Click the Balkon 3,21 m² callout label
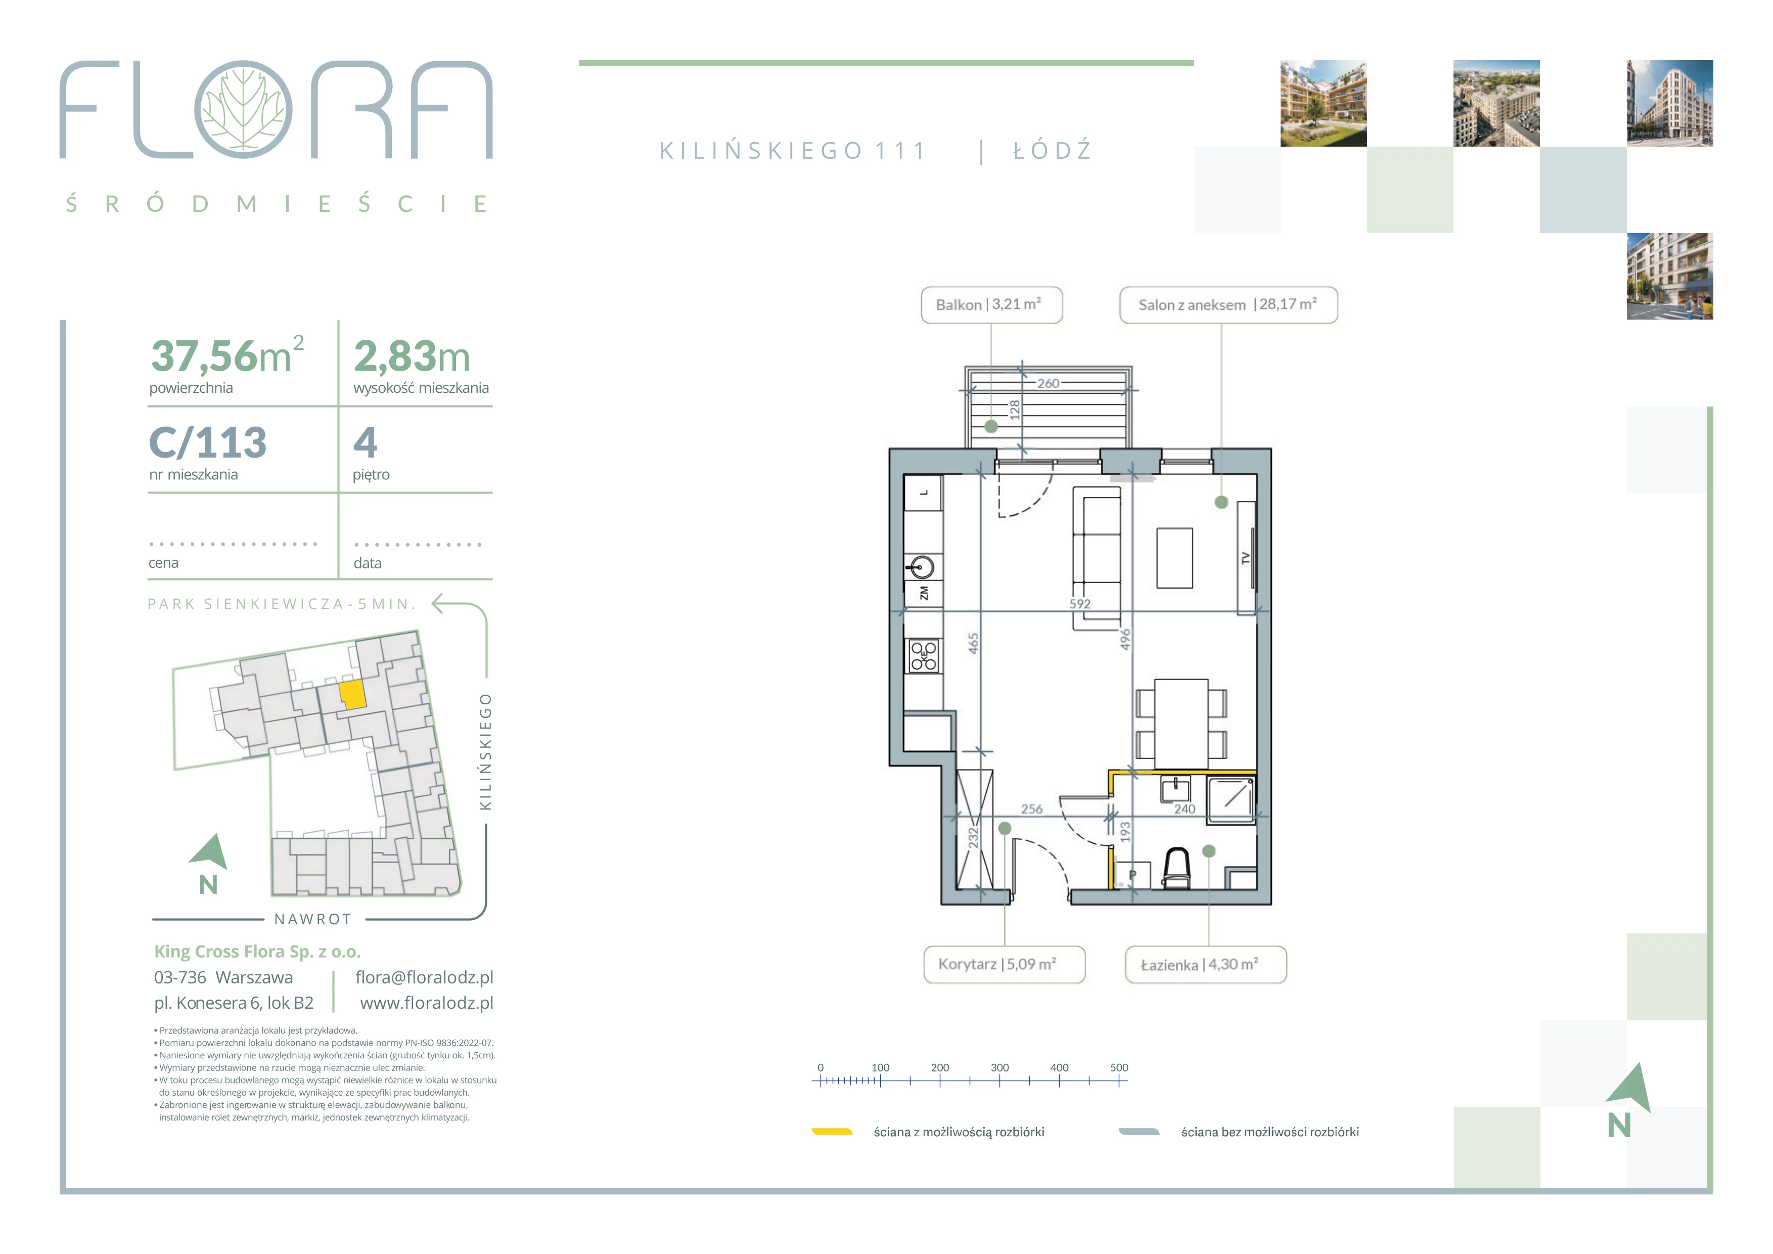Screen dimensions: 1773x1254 (x=991, y=305)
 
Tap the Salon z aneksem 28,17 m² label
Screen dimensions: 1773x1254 (x=1229, y=305)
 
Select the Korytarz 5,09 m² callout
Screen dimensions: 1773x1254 (x=1005, y=964)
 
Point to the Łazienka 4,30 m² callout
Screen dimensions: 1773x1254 (x=1206, y=964)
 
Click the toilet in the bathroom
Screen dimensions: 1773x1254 (x=1177, y=869)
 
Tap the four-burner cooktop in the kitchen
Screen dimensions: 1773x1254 (x=924, y=656)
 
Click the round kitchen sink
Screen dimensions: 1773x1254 (x=921, y=567)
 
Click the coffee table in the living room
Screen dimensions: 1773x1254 (x=1174, y=558)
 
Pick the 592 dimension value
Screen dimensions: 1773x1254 (x=1079, y=604)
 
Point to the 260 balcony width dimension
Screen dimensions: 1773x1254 (x=1048, y=383)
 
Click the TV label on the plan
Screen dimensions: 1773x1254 (x=1245, y=558)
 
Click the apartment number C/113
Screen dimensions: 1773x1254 (x=208, y=442)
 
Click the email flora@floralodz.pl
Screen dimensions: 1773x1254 (x=424, y=977)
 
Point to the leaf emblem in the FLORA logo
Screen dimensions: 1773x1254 (x=243, y=110)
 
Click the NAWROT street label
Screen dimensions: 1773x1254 (x=313, y=919)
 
